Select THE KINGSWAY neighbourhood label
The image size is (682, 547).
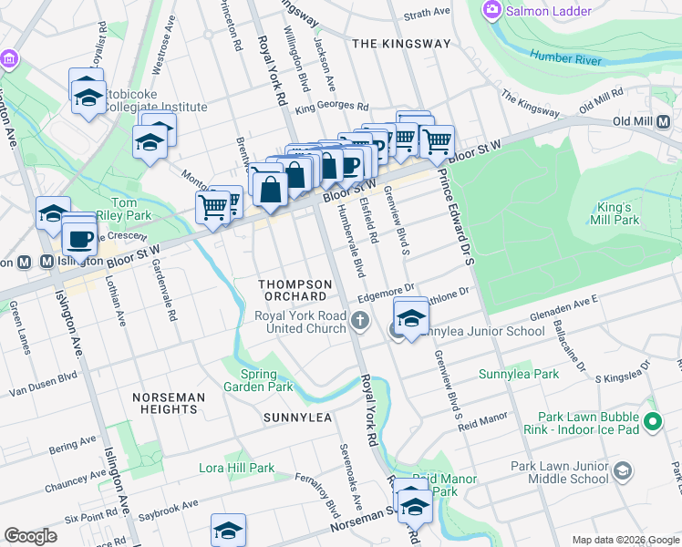(401, 44)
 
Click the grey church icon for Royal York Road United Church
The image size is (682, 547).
(362, 320)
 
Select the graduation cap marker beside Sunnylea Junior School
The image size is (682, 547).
(411, 318)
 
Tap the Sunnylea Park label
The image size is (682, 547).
(520, 374)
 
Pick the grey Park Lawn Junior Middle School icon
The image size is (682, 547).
(623, 471)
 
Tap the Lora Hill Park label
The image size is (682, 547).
(237, 469)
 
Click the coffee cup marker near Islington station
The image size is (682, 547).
(80, 240)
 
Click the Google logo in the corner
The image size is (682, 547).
(32, 536)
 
